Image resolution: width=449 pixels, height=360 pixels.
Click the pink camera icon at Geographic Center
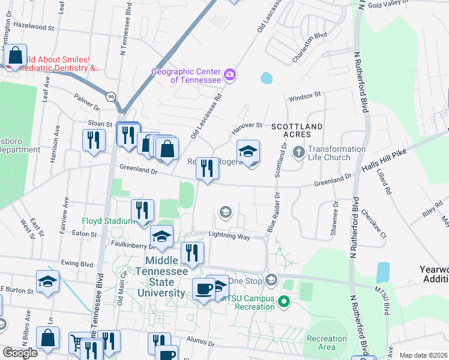(229, 75)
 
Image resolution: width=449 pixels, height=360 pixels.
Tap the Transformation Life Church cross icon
(298, 153)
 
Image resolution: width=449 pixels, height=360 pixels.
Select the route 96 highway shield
(111, 96)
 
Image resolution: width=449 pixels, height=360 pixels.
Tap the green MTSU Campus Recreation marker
(286, 302)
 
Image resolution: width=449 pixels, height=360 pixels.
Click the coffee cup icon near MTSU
(203, 289)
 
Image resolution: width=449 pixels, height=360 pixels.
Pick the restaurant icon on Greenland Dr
(206, 168)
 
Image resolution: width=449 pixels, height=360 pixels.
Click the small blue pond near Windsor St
(265, 78)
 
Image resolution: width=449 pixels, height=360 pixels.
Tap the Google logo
(20, 353)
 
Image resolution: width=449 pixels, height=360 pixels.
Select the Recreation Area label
(327, 343)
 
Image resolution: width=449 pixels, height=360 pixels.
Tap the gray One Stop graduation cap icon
(271, 280)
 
